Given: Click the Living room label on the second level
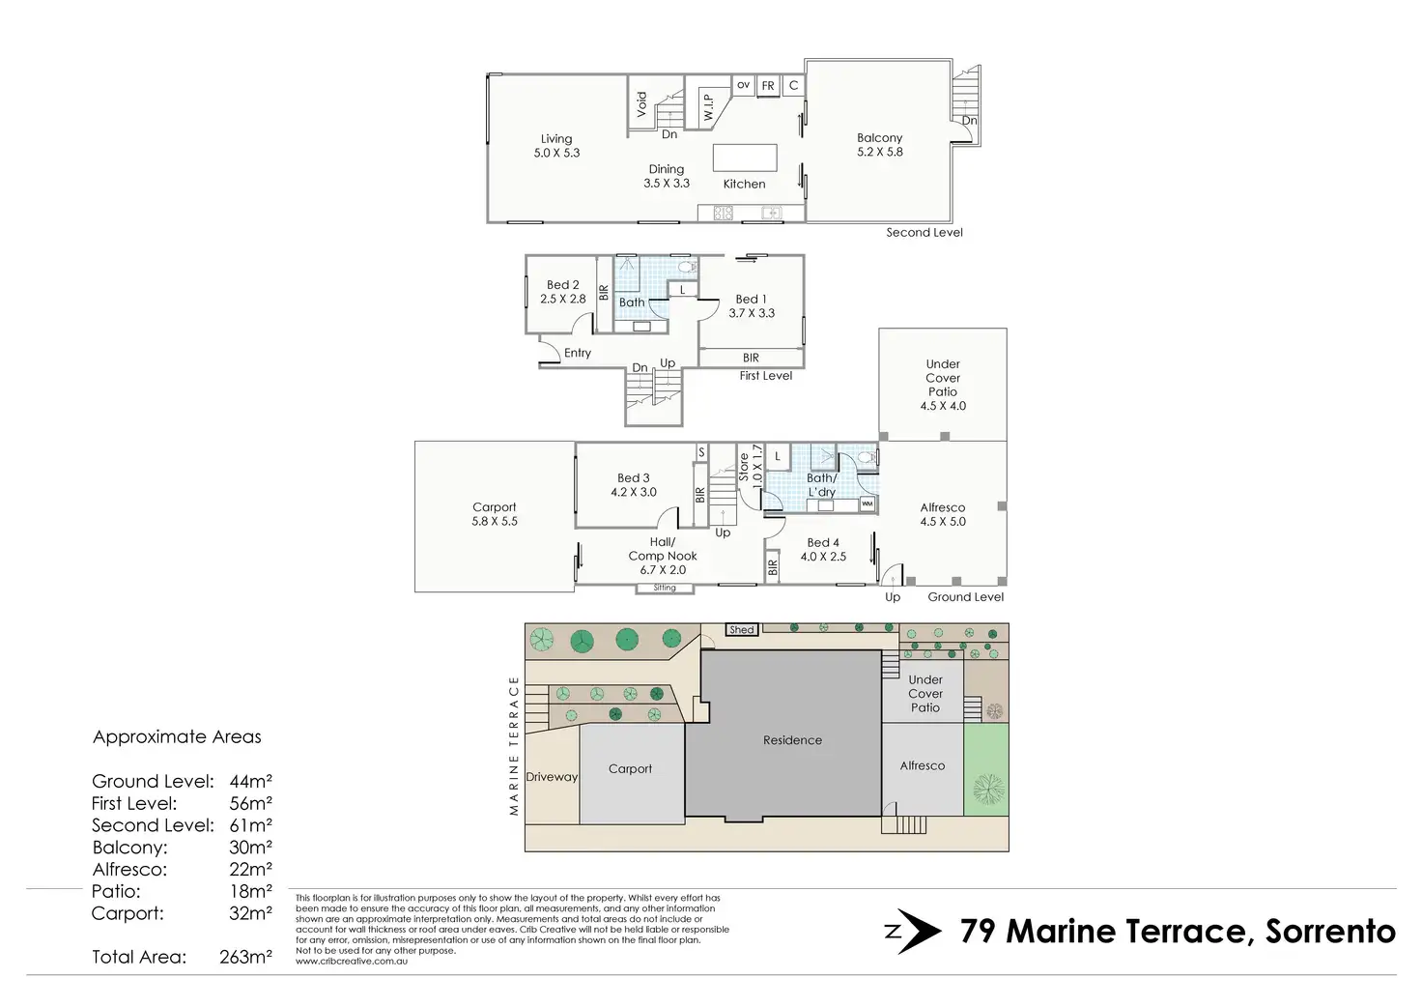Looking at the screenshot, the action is tap(556, 145).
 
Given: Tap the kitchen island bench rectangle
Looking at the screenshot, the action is tap(745, 158).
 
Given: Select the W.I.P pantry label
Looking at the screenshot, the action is tap(708, 108).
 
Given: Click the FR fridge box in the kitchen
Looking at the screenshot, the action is tap(768, 86).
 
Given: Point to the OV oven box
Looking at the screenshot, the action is tap(744, 85).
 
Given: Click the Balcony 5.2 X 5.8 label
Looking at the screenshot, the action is tap(879, 145).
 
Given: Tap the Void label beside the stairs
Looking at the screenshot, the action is tap(641, 104).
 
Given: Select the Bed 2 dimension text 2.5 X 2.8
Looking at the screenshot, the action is tap(562, 299).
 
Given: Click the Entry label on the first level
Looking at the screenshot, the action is tap(578, 353).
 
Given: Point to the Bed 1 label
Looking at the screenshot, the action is tap(751, 299).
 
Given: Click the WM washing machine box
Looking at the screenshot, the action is tap(867, 504).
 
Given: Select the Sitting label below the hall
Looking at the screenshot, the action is tap(665, 588).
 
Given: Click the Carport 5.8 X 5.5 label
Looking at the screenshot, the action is tap(495, 514).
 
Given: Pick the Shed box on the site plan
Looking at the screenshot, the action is tap(742, 630).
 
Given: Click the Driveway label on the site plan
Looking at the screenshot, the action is tap(552, 777).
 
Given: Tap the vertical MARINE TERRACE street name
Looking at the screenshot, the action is tap(514, 745).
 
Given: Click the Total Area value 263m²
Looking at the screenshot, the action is tap(245, 957).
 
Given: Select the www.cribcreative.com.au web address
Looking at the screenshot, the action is tap(352, 962).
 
